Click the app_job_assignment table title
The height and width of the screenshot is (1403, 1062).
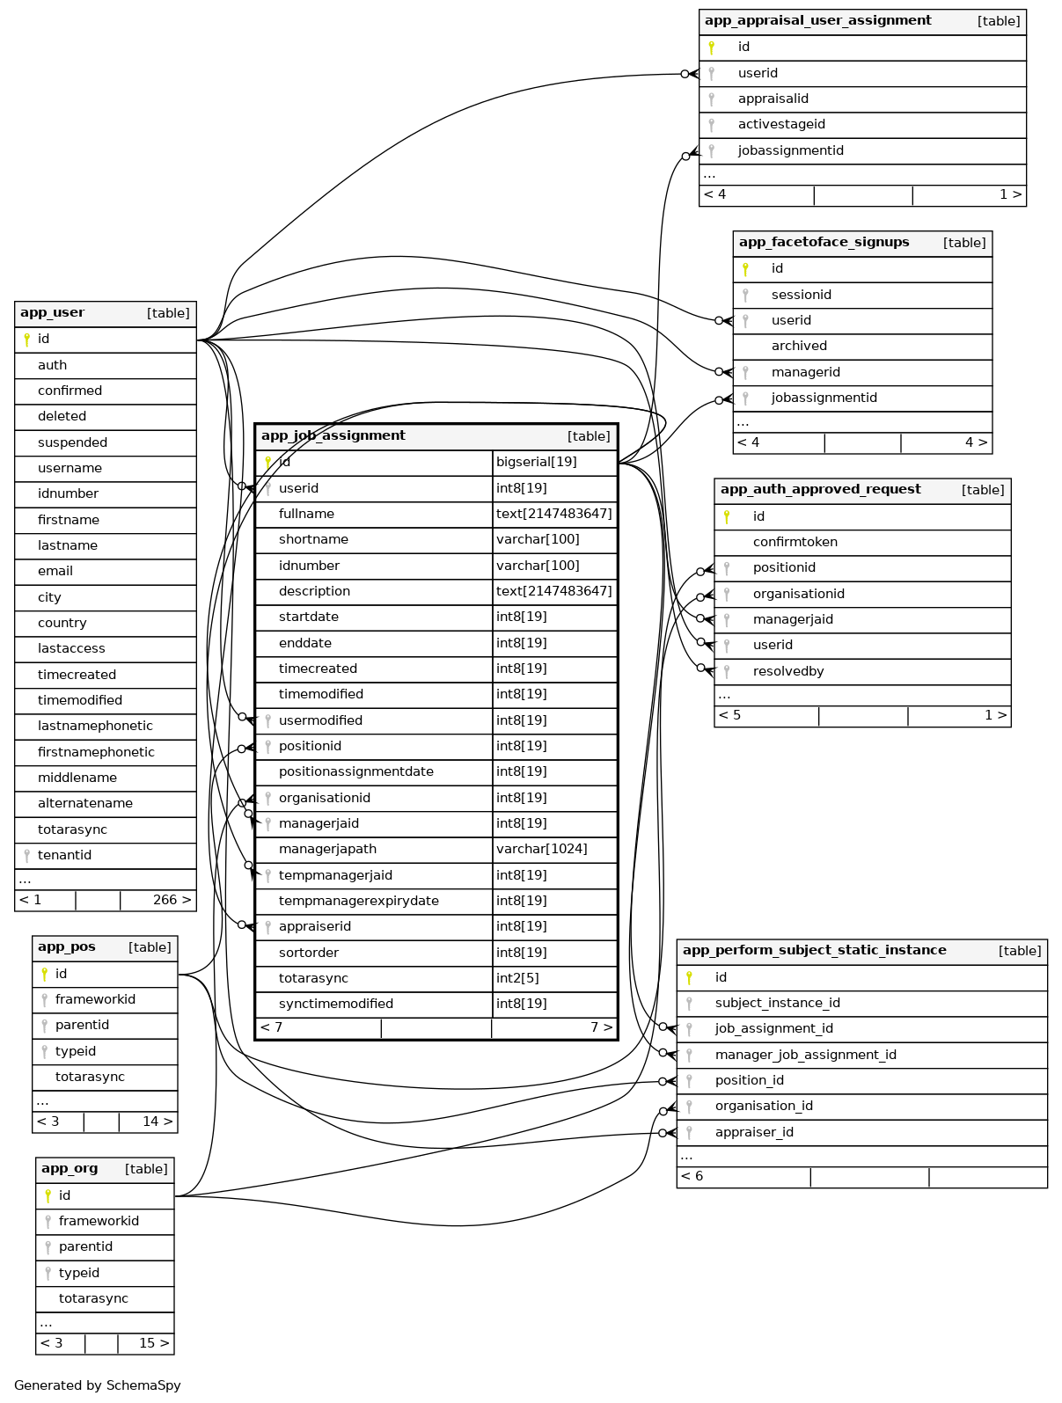[x=333, y=435]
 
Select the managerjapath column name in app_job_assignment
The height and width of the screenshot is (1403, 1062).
[x=327, y=849]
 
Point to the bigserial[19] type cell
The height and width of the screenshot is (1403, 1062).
[x=537, y=462]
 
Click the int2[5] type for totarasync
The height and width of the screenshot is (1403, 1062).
[x=517, y=978]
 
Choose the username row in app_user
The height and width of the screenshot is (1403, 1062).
[x=70, y=468]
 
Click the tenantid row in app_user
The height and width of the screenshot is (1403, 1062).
[x=64, y=855]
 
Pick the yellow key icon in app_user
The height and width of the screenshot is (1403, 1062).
[x=27, y=340]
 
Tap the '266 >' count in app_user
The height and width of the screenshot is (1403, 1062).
[x=172, y=900]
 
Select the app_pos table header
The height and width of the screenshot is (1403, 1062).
[x=67, y=947]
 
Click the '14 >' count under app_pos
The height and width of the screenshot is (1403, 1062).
[x=157, y=1122]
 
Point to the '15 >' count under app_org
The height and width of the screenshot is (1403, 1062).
[x=154, y=1343]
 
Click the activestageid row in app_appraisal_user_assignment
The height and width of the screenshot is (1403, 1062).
[x=781, y=124]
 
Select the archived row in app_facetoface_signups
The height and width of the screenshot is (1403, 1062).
[x=799, y=346]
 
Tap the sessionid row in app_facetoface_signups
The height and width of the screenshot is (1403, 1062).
[x=801, y=295]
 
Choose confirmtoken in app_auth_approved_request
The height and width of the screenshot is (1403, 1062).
[x=795, y=542]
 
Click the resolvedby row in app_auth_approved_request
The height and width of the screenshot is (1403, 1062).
[x=788, y=671]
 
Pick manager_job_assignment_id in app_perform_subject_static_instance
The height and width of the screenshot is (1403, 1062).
[x=805, y=1055]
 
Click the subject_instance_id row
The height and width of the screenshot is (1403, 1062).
[x=777, y=1003]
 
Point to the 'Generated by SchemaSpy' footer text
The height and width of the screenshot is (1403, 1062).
[x=98, y=1385]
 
